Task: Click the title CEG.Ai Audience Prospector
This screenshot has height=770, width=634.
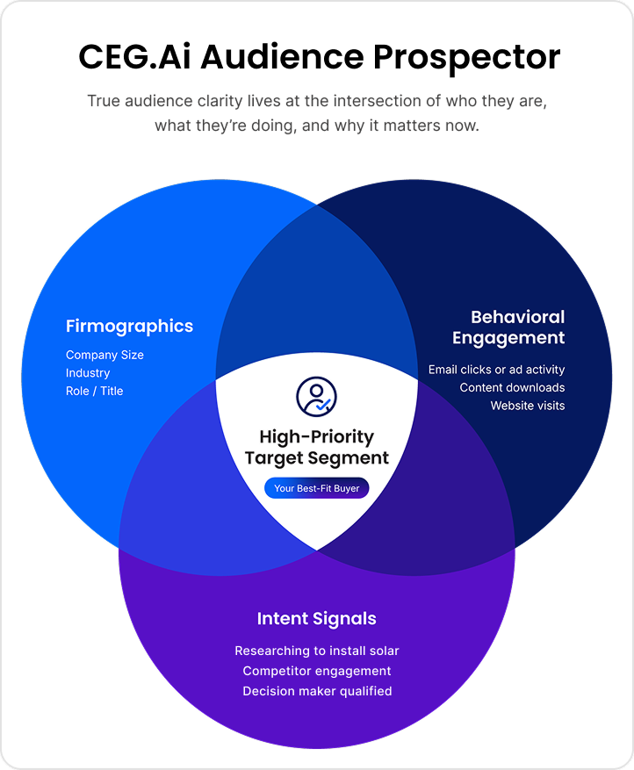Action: (x=319, y=58)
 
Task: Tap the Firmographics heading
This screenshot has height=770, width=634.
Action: (x=129, y=327)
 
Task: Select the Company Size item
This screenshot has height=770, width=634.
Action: (x=104, y=355)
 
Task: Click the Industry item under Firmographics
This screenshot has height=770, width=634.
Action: (x=88, y=373)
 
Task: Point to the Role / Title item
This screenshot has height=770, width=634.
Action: (x=94, y=391)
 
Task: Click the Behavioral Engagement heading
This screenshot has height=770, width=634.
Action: (x=509, y=327)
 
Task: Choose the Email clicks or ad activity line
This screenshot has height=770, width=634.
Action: (x=496, y=370)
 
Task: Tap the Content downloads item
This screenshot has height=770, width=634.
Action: (x=512, y=387)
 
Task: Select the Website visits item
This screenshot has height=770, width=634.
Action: (x=527, y=406)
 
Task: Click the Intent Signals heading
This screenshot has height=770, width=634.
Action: (x=316, y=619)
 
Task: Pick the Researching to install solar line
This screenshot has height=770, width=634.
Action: (x=316, y=651)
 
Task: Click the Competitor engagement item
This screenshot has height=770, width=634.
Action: (x=316, y=671)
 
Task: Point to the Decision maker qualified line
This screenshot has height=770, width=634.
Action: (x=316, y=691)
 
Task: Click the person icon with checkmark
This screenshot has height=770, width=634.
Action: (x=316, y=397)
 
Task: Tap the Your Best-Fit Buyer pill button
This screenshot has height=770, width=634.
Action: (x=316, y=488)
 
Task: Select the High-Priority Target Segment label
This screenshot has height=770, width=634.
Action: (x=316, y=447)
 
